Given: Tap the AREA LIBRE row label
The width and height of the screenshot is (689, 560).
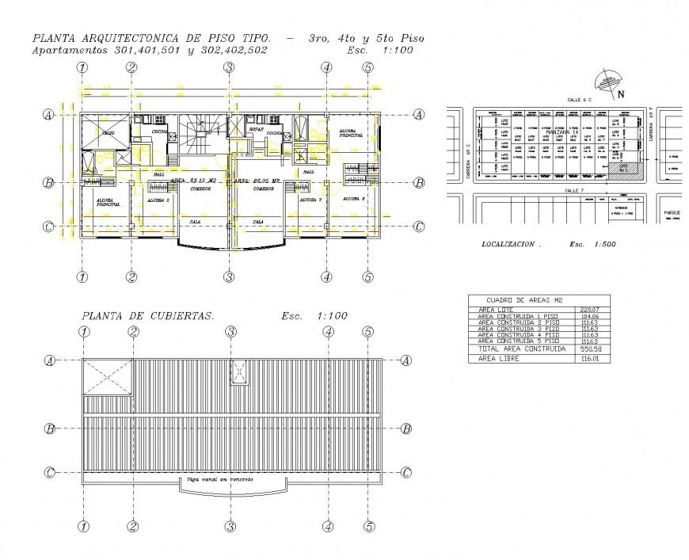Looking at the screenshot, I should pyautogui.click(x=497, y=359).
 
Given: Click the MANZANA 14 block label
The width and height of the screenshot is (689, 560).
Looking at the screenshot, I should pyautogui.click(x=562, y=131).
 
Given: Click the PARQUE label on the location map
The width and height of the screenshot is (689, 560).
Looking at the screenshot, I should pyautogui.click(x=672, y=212).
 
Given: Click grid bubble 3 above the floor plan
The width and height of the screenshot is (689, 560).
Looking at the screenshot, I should pyautogui.click(x=228, y=68).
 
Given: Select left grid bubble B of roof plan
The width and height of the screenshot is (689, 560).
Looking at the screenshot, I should pyautogui.click(x=50, y=429).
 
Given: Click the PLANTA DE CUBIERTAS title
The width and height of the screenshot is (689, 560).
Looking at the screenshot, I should pyautogui.click(x=147, y=316).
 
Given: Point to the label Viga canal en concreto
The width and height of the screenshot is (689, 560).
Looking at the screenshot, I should pyautogui.click(x=220, y=479).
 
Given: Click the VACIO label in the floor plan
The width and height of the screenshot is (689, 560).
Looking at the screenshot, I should pyautogui.click(x=107, y=135).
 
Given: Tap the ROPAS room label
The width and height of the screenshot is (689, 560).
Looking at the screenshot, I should pyautogui.click(x=256, y=128).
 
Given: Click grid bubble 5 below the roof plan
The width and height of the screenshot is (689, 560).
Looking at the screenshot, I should pyautogui.click(x=368, y=526).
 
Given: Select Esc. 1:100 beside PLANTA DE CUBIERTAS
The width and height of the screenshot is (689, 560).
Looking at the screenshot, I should pyautogui.click(x=314, y=316).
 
